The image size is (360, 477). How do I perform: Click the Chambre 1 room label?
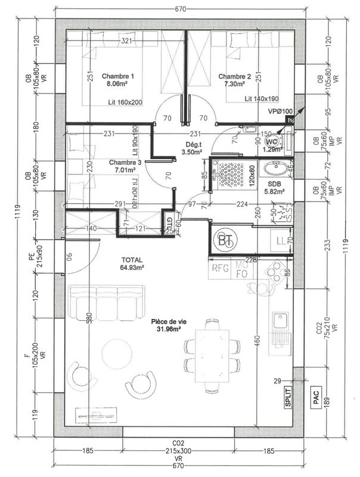[118, 76]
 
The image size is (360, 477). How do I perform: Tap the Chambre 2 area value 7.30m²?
[234, 85]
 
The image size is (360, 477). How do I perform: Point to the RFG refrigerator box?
[222, 268]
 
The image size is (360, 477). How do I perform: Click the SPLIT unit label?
[289, 395]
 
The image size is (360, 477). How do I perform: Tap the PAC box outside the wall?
[316, 395]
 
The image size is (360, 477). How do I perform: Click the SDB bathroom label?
[275, 184]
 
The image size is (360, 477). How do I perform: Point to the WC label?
[272, 143]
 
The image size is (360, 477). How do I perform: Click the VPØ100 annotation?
[280, 111]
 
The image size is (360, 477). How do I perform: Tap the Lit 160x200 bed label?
[125, 103]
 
